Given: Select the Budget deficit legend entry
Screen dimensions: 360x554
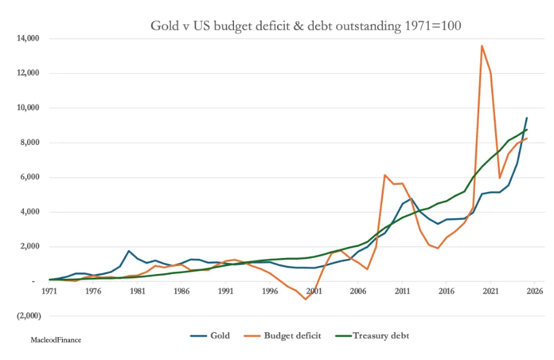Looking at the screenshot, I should coord(282,335).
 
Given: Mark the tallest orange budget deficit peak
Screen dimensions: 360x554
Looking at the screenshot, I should coord(482,45).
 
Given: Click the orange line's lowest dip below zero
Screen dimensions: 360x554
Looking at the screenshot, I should coord(305,299).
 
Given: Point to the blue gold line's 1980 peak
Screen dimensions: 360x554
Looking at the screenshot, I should coord(128,251).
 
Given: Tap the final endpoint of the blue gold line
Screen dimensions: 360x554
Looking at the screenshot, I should coord(526,118).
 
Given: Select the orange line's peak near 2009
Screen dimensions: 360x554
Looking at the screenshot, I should coord(384,175).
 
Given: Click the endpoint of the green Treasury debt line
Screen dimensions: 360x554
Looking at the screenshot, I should coord(526,130).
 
